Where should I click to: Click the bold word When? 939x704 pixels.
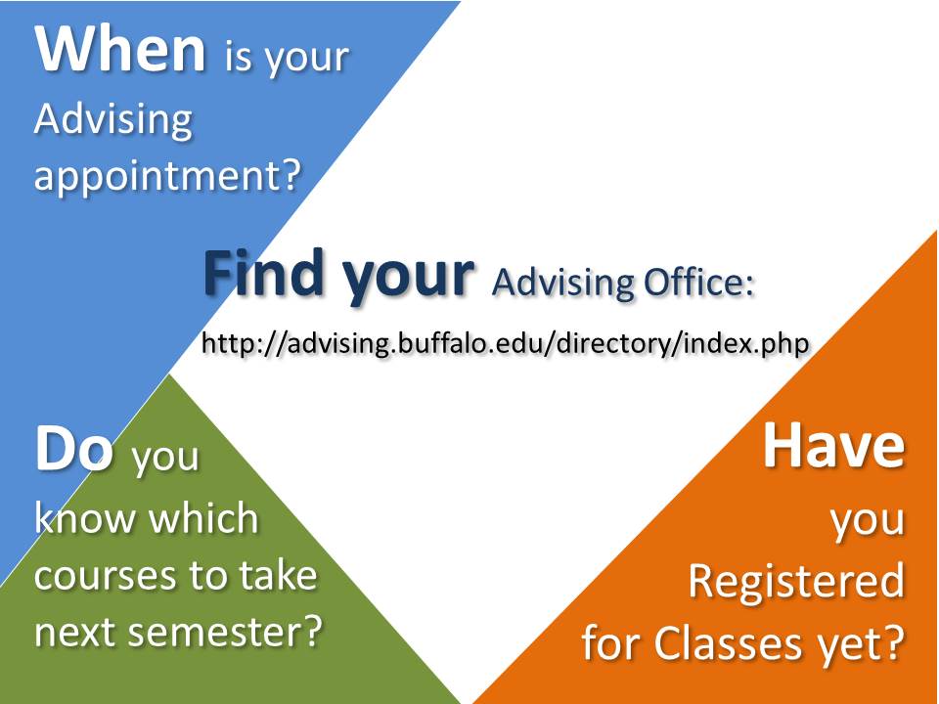point(120,49)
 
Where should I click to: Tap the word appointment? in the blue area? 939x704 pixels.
point(167,176)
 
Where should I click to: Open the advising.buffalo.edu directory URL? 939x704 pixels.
point(506,343)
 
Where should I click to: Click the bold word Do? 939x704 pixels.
point(74,449)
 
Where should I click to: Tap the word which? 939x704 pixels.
point(203,518)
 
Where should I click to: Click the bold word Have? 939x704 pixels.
point(833,445)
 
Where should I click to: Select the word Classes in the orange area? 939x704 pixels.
point(727,643)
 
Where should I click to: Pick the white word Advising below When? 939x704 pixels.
point(113,119)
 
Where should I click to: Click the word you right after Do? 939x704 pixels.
point(164,459)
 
